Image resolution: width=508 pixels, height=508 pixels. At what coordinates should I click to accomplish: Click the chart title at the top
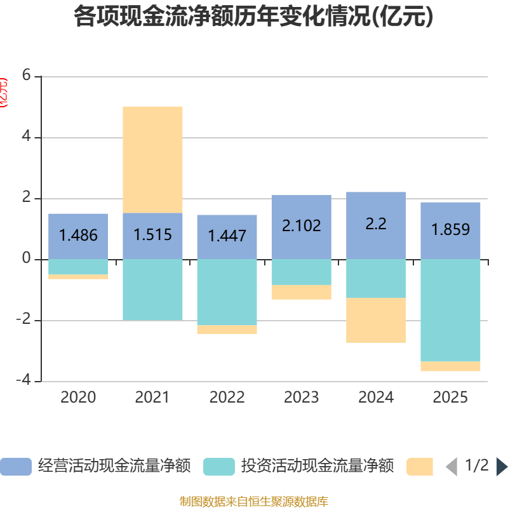click(253, 17)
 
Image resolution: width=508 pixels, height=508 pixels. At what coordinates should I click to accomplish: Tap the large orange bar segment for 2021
click(152, 159)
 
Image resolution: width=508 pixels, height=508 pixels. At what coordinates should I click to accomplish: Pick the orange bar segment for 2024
click(376, 320)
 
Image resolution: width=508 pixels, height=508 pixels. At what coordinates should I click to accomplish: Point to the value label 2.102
click(302, 225)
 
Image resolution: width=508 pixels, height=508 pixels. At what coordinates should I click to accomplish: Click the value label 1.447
click(227, 236)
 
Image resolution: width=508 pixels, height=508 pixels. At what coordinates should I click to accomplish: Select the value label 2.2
click(376, 224)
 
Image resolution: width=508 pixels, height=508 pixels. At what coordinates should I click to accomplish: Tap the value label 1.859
click(450, 229)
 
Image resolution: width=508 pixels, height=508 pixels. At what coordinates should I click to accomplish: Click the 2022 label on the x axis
click(227, 398)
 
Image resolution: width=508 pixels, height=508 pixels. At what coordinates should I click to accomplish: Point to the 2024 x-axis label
click(376, 398)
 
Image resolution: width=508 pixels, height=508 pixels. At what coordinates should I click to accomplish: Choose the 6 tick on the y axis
click(26, 75)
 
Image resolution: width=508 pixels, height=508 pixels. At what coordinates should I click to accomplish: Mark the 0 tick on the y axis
click(26, 258)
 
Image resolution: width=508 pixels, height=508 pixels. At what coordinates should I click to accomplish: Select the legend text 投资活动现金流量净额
click(317, 466)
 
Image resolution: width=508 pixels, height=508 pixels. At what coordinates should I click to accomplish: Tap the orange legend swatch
click(420, 467)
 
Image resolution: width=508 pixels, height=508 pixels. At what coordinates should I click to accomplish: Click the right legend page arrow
click(502, 467)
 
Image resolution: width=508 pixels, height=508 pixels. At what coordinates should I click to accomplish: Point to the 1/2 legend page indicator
click(477, 466)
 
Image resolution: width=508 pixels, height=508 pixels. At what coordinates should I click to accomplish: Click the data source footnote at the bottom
click(253, 501)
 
